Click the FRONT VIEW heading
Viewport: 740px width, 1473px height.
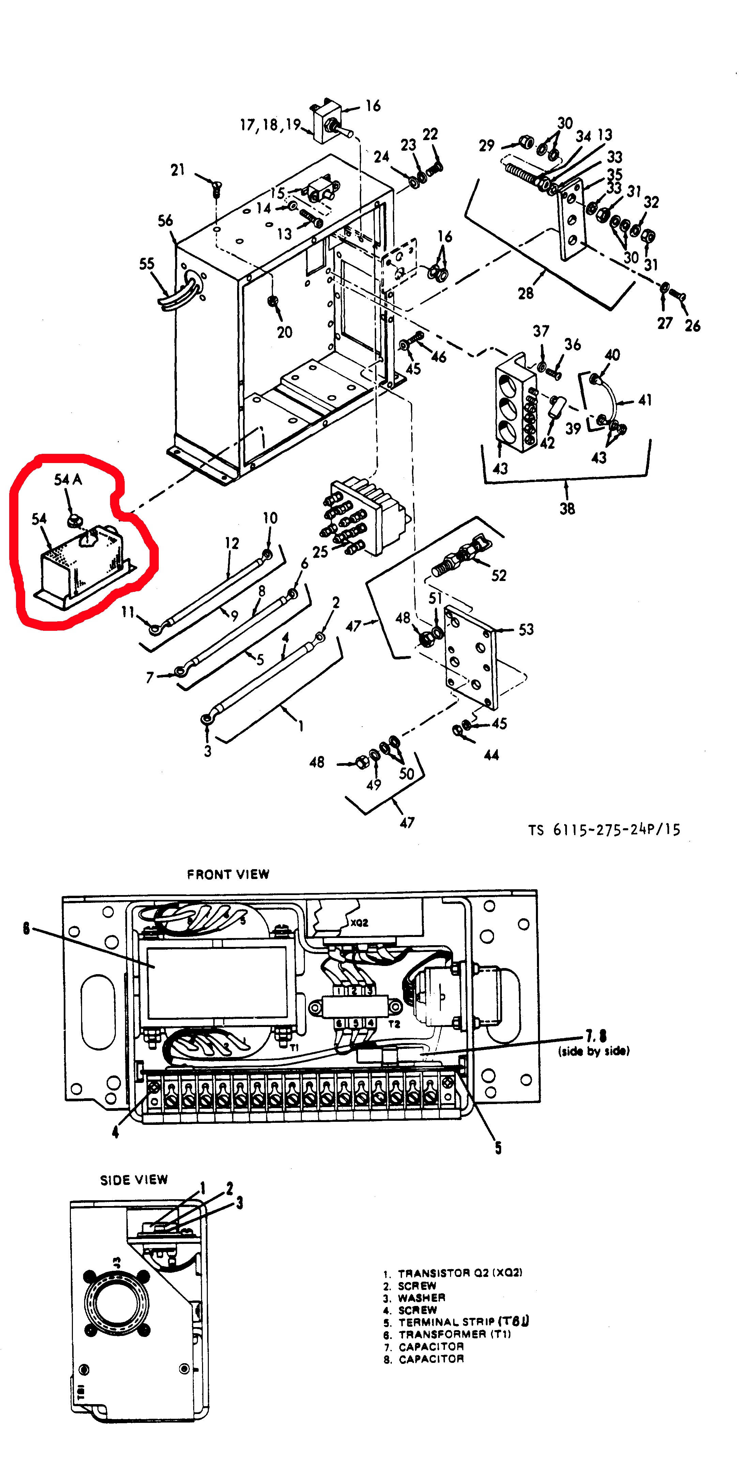pos(228,874)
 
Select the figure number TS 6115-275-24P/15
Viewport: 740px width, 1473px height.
pos(604,830)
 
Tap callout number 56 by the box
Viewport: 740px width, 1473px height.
pos(165,221)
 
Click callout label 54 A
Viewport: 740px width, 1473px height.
pos(68,479)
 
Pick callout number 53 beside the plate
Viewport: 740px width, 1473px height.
pos(526,629)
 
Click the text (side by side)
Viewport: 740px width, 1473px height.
pos(594,1051)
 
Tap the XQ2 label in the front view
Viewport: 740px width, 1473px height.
pos(359,922)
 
